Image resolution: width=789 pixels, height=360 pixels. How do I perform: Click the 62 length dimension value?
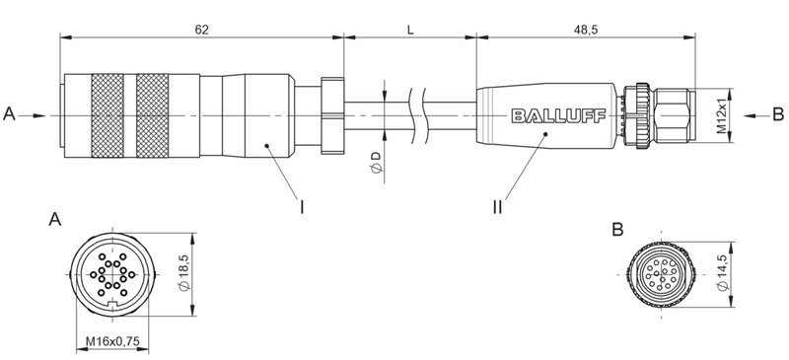click(x=201, y=30)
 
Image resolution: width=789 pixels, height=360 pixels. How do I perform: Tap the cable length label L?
click(x=410, y=30)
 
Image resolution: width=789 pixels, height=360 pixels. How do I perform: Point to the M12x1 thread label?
click(x=722, y=115)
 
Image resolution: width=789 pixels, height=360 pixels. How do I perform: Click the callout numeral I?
click(x=303, y=206)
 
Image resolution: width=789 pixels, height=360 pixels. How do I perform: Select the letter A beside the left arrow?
click(x=10, y=115)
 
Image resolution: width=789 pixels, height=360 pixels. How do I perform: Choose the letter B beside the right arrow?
click(x=777, y=115)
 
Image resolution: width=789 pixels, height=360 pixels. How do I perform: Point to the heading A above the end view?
click(x=56, y=222)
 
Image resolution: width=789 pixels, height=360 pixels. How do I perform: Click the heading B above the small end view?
click(x=617, y=230)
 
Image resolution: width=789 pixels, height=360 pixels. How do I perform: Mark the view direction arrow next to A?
click(x=36, y=115)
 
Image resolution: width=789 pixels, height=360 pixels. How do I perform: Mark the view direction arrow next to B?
click(x=753, y=115)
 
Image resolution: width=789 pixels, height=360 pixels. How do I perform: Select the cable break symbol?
click(x=422, y=115)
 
